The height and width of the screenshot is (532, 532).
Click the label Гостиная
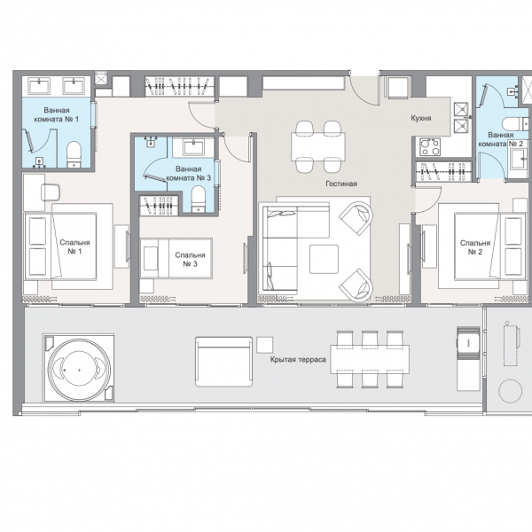pyautogui.click(x=341, y=184)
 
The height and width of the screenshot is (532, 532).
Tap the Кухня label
pyautogui.click(x=420, y=118)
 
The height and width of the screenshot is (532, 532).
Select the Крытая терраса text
pyautogui.click(x=298, y=359)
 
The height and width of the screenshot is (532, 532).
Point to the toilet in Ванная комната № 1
pyautogui.click(x=74, y=154)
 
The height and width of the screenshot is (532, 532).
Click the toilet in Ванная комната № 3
pyautogui.click(x=198, y=199)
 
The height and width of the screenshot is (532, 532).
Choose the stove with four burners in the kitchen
pyautogui.click(x=430, y=146)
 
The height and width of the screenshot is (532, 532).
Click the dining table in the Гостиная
pyautogui.click(x=318, y=146)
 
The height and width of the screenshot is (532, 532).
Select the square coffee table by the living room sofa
pyautogui.click(x=324, y=259)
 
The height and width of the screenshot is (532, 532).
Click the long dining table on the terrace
pyautogui.click(x=370, y=359)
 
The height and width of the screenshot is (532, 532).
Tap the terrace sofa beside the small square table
pyautogui.click(x=224, y=362)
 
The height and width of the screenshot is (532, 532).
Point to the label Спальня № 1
pyautogui.click(x=74, y=247)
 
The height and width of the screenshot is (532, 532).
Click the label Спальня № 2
pyautogui.click(x=475, y=247)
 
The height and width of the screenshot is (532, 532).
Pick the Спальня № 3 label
pyautogui.click(x=190, y=260)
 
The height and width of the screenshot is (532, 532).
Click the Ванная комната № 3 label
pyautogui.click(x=188, y=174)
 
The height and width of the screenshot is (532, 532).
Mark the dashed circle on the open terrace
pyautogui.click(x=511, y=391)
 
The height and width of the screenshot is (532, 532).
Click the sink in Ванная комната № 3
pyautogui.click(x=193, y=147)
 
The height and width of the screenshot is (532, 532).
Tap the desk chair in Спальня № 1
pyautogui.click(x=51, y=192)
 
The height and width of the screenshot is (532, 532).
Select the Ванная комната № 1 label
pyautogui.click(x=57, y=114)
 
